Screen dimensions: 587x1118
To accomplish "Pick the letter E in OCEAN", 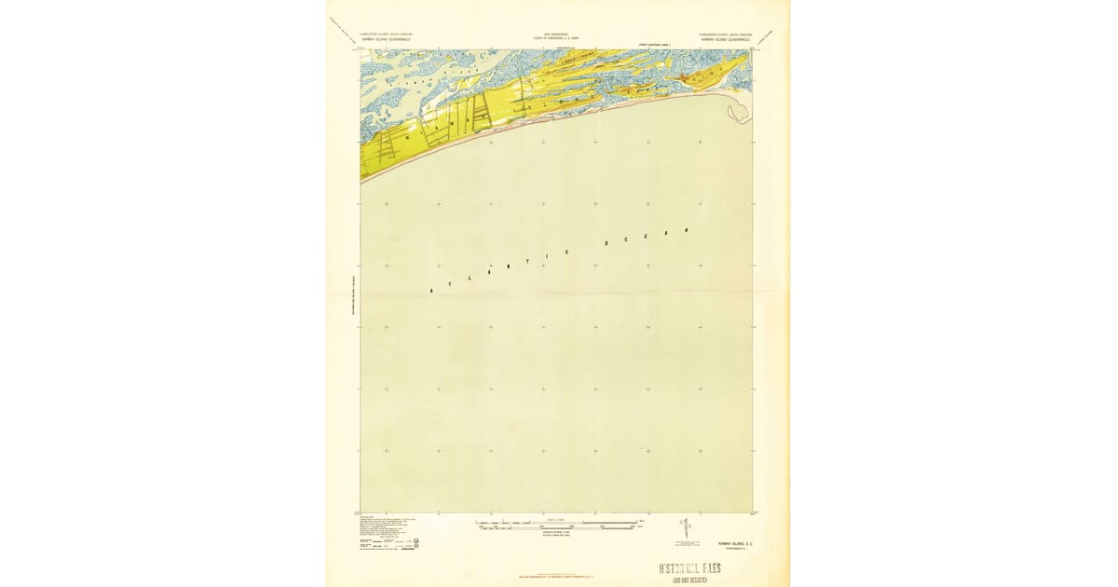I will click(648, 237).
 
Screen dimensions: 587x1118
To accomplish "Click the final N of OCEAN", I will click(688, 227).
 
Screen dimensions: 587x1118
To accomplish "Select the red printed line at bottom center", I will click(556, 579).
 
